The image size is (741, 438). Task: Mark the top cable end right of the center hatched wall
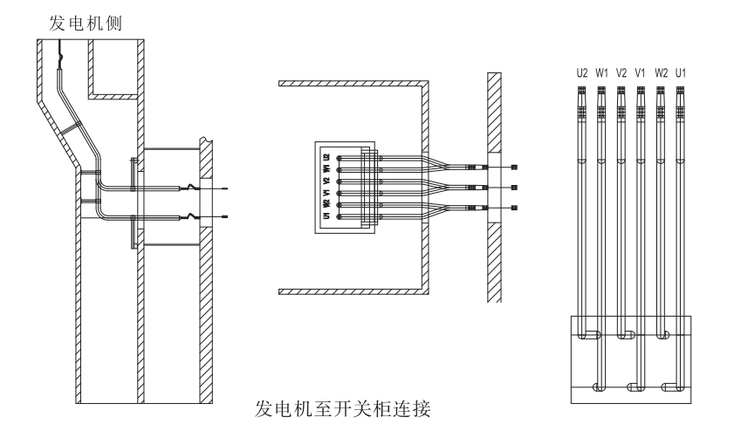tap(513, 167)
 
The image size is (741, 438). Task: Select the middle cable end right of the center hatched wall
tap(513, 187)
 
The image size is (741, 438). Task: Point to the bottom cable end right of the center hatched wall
tap(513, 207)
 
